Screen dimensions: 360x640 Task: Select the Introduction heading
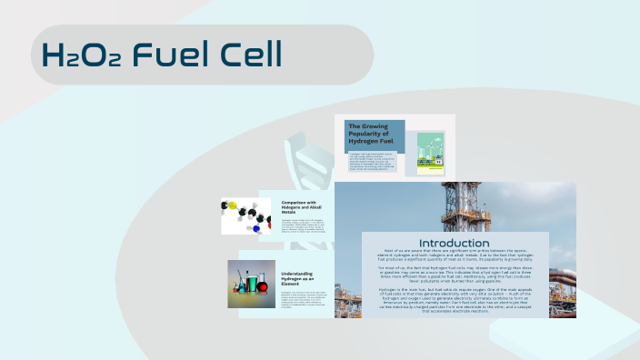(x=455, y=244)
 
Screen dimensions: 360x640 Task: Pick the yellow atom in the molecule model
(x=233, y=205)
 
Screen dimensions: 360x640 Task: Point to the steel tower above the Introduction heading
(x=455, y=205)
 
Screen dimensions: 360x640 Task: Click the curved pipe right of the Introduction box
(x=563, y=277)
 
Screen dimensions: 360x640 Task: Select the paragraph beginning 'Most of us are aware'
(x=455, y=256)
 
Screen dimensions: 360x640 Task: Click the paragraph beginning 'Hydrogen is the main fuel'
(x=455, y=301)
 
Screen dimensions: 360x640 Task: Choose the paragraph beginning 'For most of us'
(x=455, y=276)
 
